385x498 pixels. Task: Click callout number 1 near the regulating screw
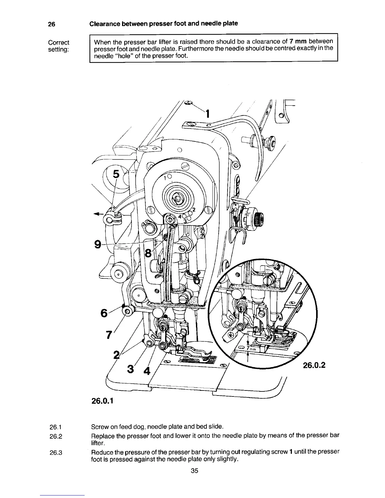coord(207,113)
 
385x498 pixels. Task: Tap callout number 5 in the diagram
coord(116,174)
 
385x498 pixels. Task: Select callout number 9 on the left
coord(98,244)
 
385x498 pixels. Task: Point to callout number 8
coord(147,252)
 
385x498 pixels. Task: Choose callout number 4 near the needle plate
coord(146,371)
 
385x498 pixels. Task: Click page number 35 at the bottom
coord(194,471)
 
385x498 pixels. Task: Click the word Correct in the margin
coord(59,42)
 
